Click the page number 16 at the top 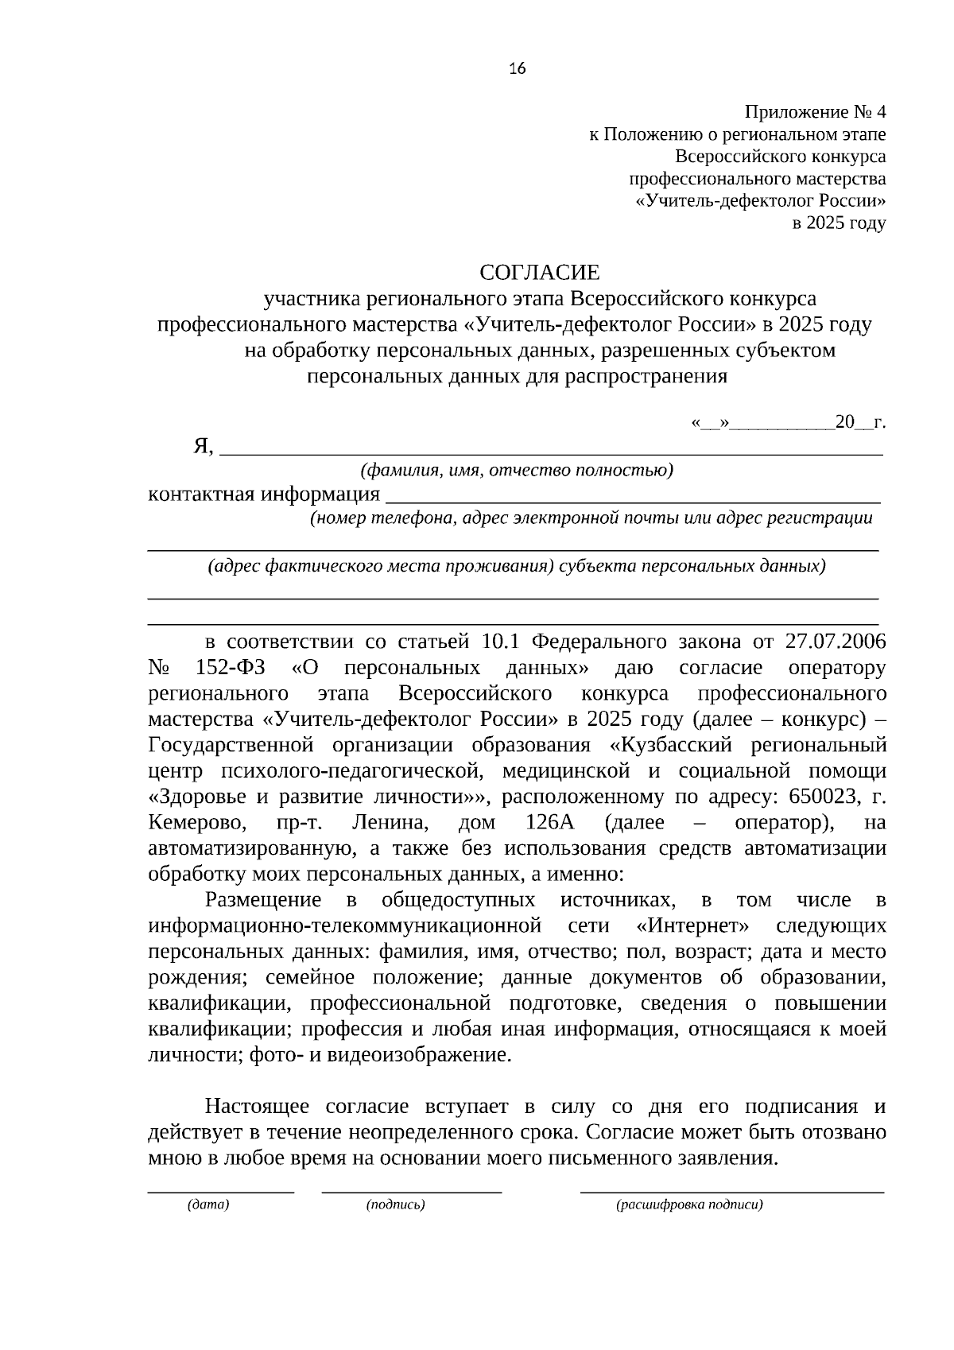[517, 68]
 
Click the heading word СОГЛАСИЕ [540, 273]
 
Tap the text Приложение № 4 [815, 112]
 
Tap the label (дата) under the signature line [208, 1205]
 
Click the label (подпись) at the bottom [396, 1205]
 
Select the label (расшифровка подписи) [689, 1205]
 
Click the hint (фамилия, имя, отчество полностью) [517, 471]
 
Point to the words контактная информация [264, 495]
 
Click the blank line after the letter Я [550, 452]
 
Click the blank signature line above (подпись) [411, 1190]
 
